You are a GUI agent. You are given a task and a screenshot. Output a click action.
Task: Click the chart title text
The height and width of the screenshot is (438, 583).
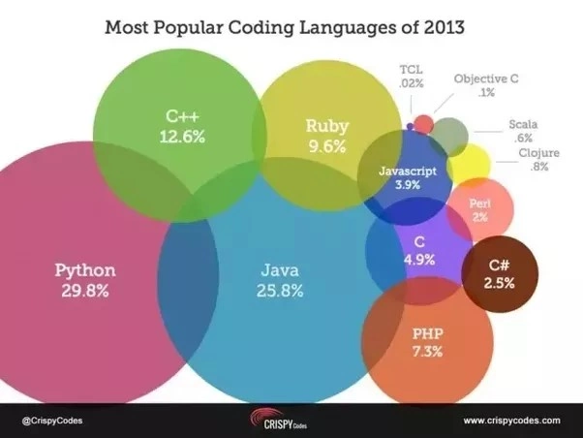point(285,26)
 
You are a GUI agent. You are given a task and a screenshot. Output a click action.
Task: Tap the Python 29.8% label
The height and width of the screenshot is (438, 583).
point(84,278)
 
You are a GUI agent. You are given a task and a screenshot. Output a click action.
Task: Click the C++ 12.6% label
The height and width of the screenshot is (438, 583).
point(182,127)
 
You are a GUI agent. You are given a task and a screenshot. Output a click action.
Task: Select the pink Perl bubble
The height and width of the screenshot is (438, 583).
point(479,209)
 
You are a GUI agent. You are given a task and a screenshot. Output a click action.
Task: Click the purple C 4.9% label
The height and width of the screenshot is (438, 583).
point(418,250)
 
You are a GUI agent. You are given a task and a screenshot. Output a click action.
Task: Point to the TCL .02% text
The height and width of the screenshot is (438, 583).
point(412,78)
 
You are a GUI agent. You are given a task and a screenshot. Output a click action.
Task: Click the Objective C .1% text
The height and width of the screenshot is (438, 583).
point(486,85)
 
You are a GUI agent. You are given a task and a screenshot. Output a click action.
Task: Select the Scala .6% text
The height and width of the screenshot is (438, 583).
point(522,131)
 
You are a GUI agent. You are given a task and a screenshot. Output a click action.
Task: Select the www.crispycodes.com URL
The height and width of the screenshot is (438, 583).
point(511,421)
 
